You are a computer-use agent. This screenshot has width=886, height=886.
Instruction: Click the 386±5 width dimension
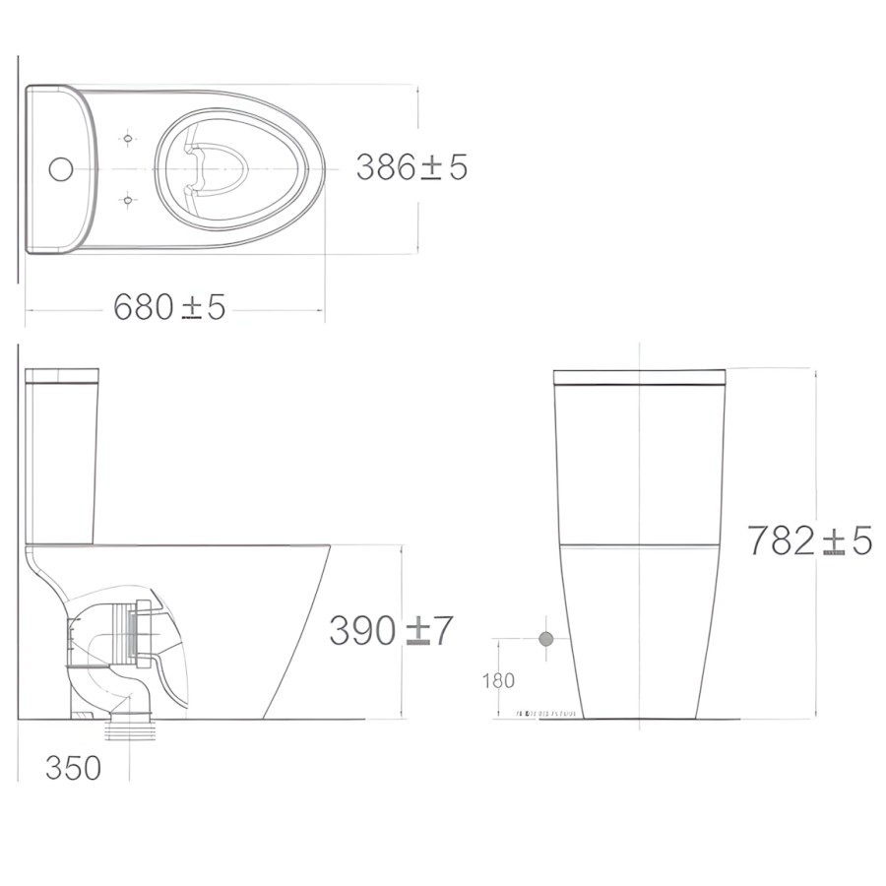coord(411,167)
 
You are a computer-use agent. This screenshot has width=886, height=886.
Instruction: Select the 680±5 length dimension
coord(169,308)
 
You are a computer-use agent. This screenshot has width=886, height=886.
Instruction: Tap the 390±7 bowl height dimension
coord(391,631)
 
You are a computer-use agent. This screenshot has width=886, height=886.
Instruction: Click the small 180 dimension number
coord(499,680)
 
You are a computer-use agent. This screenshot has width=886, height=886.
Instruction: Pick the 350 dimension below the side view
coord(73,768)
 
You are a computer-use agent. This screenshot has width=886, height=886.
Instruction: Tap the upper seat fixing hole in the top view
coord(128,138)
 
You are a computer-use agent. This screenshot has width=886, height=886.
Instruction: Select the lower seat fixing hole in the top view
coord(128,202)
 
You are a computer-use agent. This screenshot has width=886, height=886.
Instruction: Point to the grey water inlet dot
coord(546,639)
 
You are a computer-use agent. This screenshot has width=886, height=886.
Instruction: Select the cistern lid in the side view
coord(62,375)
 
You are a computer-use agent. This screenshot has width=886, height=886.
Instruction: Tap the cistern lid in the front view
coord(639,376)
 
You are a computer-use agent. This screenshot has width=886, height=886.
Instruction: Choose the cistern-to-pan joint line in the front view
coord(639,543)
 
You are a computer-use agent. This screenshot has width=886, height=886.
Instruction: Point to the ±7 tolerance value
coord(429,631)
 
